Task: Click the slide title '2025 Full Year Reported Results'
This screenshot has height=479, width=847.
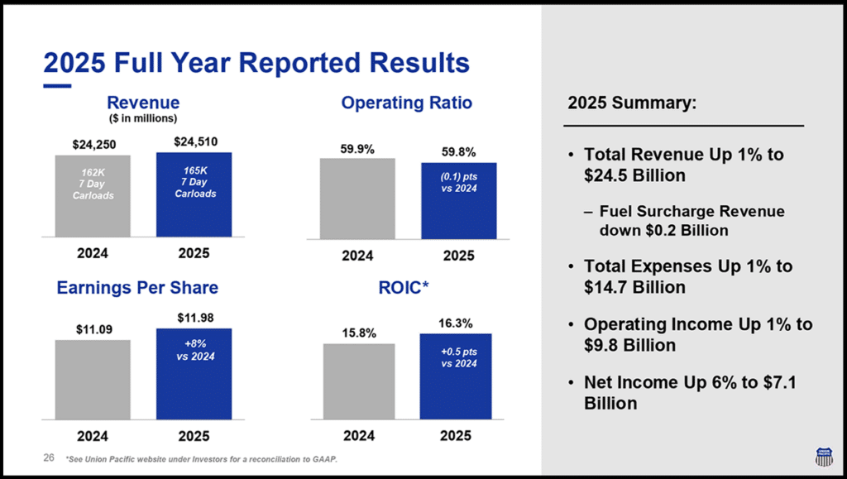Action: click(256, 63)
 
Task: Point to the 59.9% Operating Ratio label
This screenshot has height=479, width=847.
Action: click(357, 149)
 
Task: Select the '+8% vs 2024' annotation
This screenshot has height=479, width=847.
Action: click(194, 351)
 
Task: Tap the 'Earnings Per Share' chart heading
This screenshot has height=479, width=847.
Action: click(137, 288)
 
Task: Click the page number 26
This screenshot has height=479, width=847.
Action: click(48, 457)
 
